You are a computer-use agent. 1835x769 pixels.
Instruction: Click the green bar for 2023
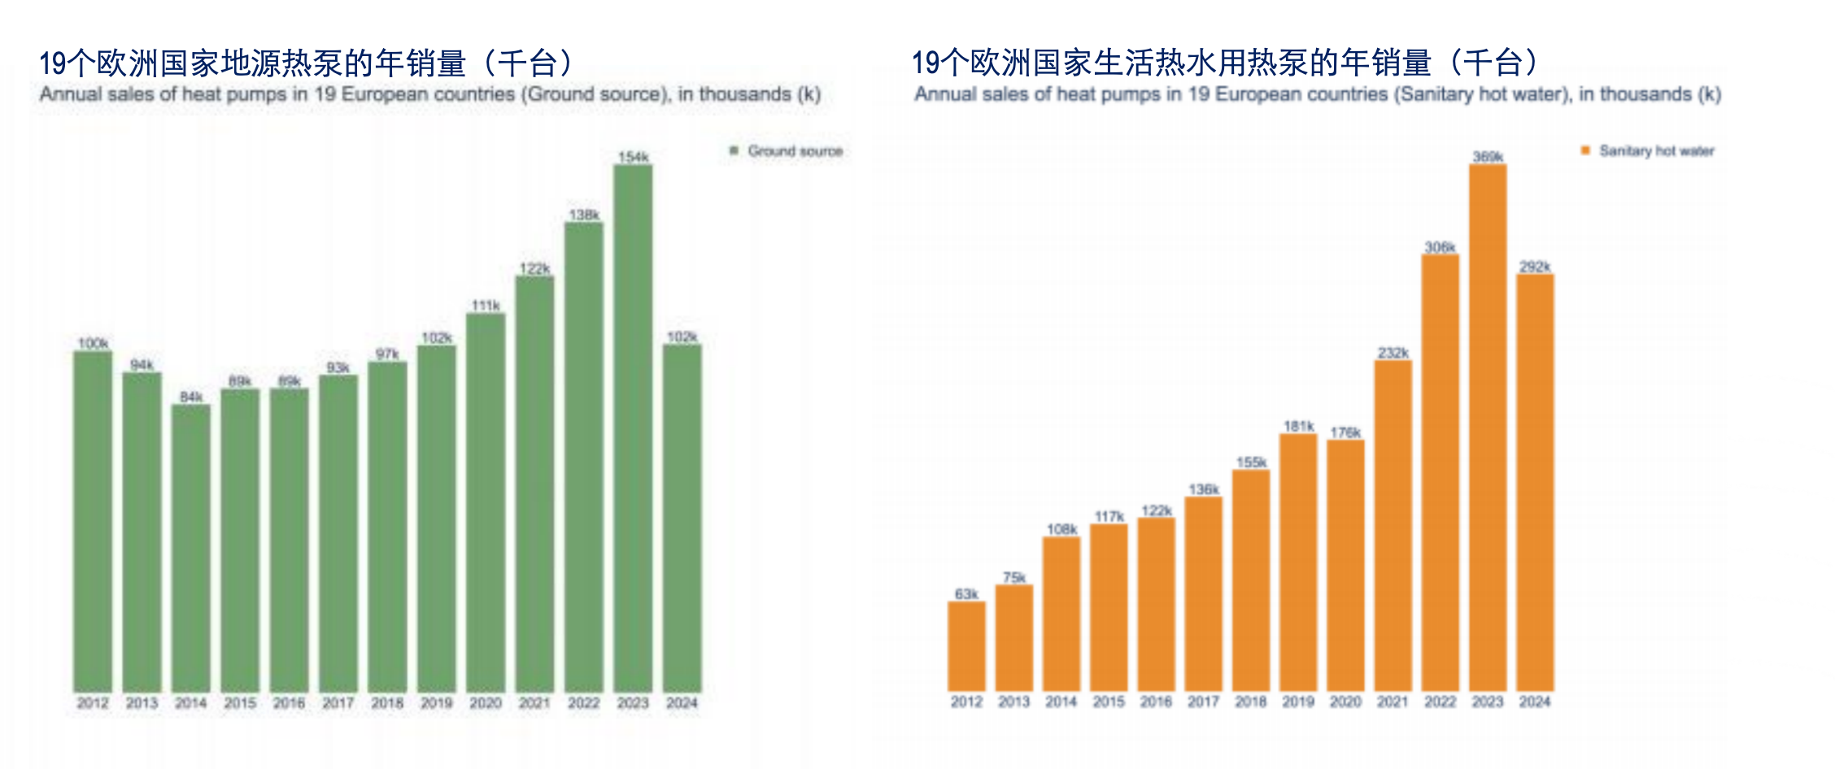coord(633,428)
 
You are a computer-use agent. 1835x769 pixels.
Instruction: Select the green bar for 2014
coord(191,548)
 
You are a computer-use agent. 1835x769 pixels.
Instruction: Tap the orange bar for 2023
coord(1488,428)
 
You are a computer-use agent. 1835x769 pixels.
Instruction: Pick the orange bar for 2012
coord(966,646)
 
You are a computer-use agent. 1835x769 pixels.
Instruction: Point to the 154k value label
coord(633,157)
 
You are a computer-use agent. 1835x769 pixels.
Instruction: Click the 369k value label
coord(1488,157)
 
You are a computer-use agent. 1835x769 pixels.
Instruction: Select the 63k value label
coord(966,594)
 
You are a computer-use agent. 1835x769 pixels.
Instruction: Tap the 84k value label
coord(191,397)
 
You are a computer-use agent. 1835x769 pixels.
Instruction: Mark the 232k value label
coord(1393,353)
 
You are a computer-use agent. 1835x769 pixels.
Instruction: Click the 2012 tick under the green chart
coord(93,702)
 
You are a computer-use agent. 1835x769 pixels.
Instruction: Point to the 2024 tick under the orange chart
coord(1535,702)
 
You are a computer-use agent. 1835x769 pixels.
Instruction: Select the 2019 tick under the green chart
coord(437,702)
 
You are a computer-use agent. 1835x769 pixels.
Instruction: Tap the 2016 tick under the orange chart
coord(1156,702)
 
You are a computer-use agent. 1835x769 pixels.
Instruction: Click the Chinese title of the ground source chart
coord(309,63)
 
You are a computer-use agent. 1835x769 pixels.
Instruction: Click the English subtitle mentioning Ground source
coord(429,94)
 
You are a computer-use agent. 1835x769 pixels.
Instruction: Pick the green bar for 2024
coord(682,518)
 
